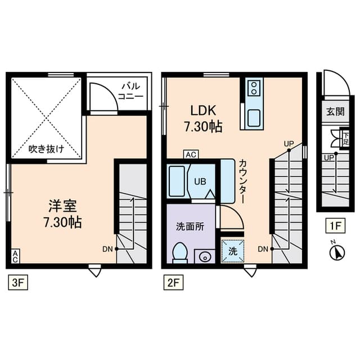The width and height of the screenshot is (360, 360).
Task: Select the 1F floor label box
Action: click(336, 227)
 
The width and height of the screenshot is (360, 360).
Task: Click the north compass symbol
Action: click(336, 253)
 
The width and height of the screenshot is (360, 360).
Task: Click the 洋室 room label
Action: click(62, 214)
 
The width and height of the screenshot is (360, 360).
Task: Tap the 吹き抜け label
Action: click(46, 149)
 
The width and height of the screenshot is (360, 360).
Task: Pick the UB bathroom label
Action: click(200, 181)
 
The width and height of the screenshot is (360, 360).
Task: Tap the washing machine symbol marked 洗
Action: click(232, 251)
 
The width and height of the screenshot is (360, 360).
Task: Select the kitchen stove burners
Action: click(254, 88)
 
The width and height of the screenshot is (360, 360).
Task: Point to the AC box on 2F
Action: click(190, 154)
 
